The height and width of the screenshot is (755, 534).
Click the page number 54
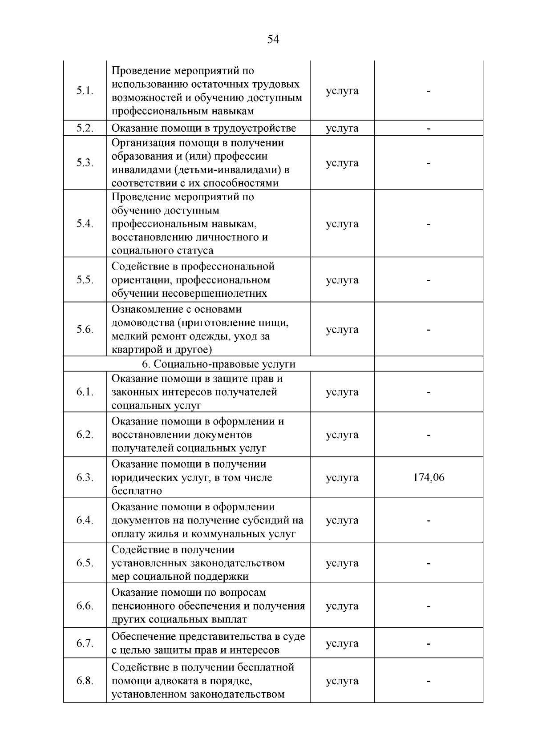(x=273, y=40)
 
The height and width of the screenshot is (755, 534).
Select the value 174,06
(x=429, y=477)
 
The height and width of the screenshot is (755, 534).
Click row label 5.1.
(x=85, y=91)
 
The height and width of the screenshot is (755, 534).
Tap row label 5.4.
(x=85, y=224)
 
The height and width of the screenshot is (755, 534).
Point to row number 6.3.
(x=85, y=477)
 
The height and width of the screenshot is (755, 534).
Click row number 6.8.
(x=85, y=681)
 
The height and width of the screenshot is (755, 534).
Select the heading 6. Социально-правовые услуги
(x=218, y=364)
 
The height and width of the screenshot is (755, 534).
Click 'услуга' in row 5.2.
(x=342, y=128)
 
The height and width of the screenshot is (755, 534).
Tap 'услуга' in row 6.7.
(x=342, y=643)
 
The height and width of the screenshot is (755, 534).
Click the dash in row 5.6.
(x=429, y=330)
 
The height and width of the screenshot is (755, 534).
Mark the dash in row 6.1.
(x=429, y=392)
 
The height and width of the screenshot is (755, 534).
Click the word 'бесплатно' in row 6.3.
(x=137, y=491)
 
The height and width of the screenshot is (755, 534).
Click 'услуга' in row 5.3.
(x=342, y=163)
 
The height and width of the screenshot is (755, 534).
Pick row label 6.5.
(x=85, y=563)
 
